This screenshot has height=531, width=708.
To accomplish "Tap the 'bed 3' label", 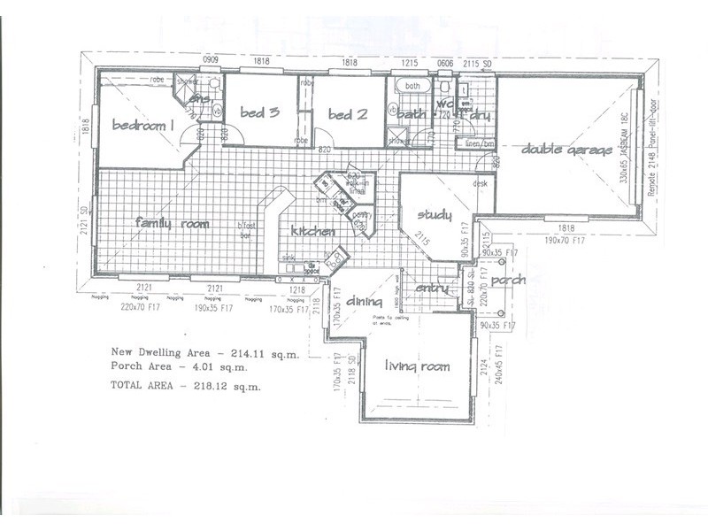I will [x=259, y=112].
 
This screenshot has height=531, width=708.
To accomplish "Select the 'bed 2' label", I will [x=347, y=114].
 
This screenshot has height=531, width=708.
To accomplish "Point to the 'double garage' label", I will [x=566, y=150].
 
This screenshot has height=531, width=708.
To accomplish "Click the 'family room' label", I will [x=172, y=224].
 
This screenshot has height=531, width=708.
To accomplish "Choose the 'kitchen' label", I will [x=312, y=231].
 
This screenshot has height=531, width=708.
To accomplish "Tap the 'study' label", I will [x=435, y=215].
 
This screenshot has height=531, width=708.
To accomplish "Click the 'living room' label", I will [x=416, y=366].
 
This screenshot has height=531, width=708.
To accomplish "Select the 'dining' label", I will [x=363, y=301].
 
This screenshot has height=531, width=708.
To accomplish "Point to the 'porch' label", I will [x=508, y=280].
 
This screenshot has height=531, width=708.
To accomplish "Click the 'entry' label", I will [x=432, y=289].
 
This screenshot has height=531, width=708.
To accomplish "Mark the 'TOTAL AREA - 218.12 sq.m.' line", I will [x=186, y=387].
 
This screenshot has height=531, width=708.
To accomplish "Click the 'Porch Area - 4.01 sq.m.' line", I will [x=177, y=366].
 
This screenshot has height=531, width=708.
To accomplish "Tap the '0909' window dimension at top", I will [x=211, y=60].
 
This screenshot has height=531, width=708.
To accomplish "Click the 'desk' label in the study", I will [x=480, y=184].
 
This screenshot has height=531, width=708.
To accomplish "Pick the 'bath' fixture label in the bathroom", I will [x=412, y=86].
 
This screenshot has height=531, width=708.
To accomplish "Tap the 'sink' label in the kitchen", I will [x=289, y=258].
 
